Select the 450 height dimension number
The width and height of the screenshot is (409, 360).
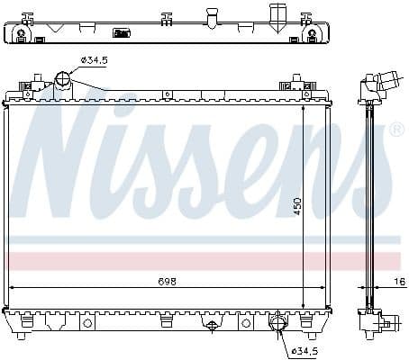(x=296, y=207)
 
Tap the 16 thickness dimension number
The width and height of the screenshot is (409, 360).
(x=400, y=282)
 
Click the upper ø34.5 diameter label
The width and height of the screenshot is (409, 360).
(x=95, y=60)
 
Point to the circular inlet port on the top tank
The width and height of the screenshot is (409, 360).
(x=63, y=80)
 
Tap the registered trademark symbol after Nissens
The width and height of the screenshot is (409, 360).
(x=395, y=132)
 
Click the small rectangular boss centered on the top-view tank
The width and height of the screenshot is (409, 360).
(x=121, y=33)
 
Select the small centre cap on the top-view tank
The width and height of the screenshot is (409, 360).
(x=212, y=17)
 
